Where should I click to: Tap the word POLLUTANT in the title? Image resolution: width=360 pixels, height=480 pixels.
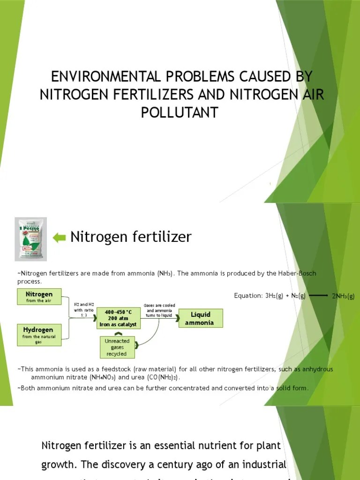click(x=180, y=112)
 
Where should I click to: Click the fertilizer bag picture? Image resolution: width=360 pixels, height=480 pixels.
click(x=30, y=239)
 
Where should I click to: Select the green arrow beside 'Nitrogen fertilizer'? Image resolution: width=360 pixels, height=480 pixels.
click(x=60, y=238)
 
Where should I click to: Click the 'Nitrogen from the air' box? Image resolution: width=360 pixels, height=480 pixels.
click(x=39, y=297)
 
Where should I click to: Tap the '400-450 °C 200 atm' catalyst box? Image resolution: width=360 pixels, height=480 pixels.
click(x=118, y=318)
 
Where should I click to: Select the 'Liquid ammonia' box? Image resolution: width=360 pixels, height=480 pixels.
click(x=200, y=318)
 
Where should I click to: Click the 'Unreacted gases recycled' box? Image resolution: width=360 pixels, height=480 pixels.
click(x=118, y=347)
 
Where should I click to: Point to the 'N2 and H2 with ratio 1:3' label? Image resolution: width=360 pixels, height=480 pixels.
click(x=84, y=310)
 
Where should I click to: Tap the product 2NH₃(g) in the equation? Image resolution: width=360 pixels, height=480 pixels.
click(x=343, y=296)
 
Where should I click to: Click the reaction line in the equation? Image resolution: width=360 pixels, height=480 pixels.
click(x=319, y=296)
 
